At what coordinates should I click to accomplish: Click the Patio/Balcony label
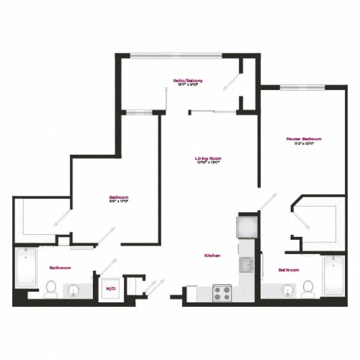189,80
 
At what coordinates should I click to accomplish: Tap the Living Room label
208,157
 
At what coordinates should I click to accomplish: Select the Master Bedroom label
304,139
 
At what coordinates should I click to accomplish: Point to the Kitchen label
211,256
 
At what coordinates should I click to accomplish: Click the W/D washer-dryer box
110,287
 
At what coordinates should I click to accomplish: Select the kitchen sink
247,265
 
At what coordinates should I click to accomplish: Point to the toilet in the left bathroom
51,289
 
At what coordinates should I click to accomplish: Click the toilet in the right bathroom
307,288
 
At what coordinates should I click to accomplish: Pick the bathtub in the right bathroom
333,275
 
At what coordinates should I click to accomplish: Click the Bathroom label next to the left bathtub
60,268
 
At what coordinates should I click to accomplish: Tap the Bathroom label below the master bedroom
289,269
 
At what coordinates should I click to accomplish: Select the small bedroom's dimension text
118,201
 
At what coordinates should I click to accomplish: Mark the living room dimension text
208,163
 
